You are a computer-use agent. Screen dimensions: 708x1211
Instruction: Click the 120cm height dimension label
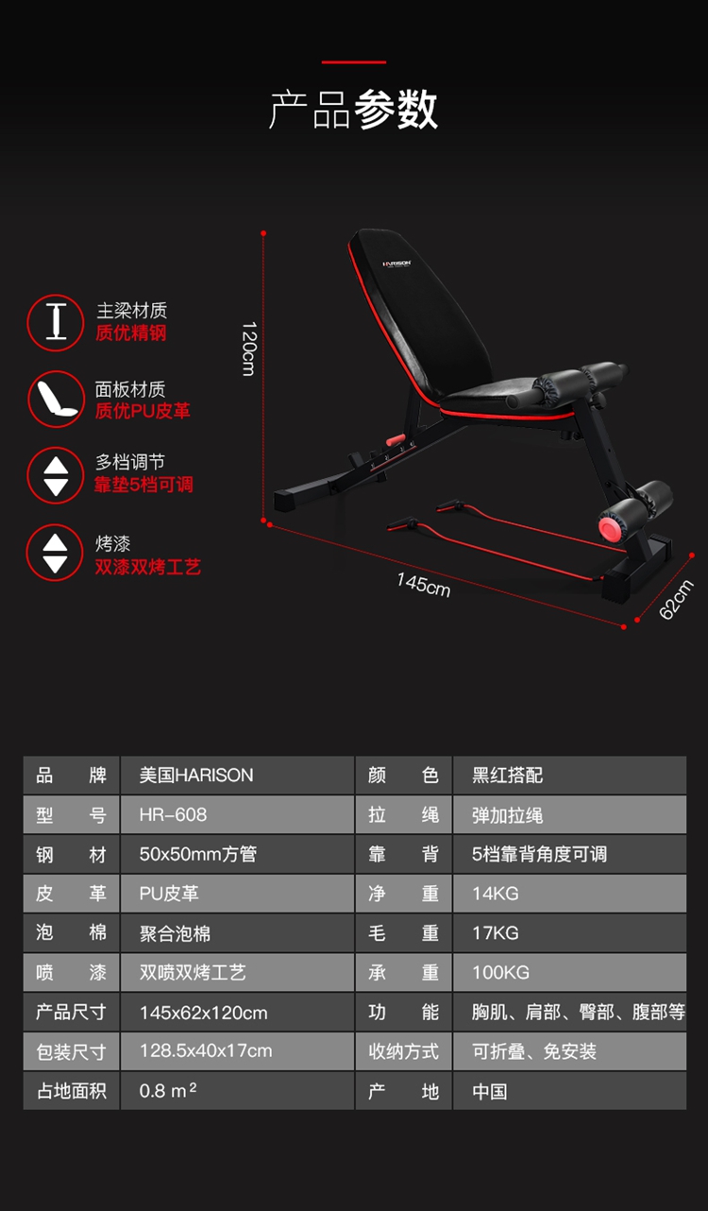tap(248, 349)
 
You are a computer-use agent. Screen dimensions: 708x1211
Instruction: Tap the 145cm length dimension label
tap(424, 585)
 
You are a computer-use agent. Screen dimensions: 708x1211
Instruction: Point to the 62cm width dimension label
tap(676, 599)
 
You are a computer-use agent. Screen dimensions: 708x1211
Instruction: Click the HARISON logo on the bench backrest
tap(396, 264)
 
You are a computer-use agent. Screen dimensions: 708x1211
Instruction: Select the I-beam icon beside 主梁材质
tap(56, 323)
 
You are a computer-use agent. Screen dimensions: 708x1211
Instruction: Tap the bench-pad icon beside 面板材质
tap(57, 399)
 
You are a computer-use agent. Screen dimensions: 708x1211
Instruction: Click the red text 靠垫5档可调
tap(143, 485)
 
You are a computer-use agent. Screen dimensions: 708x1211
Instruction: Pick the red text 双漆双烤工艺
tap(148, 567)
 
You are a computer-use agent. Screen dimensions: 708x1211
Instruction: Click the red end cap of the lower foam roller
tap(611, 527)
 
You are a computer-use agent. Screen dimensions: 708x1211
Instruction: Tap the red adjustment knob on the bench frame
tap(396, 439)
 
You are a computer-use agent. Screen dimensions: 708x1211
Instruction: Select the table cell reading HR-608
tap(237, 814)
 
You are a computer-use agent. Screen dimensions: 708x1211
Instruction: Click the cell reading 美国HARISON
tap(237, 775)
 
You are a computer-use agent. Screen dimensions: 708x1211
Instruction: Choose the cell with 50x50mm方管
tap(237, 854)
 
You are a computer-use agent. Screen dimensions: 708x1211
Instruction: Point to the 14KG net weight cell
tap(569, 893)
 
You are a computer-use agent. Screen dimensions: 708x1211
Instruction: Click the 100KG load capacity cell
tap(569, 972)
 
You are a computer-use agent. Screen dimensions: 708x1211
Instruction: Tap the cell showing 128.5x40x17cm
tap(237, 1051)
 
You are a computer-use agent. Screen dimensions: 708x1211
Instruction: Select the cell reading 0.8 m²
tap(237, 1090)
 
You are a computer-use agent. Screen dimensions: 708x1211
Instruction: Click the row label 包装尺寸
tap(71, 1051)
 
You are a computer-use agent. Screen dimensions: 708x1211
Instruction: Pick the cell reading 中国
tap(569, 1090)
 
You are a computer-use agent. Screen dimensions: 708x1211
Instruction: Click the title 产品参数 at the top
tap(353, 110)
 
